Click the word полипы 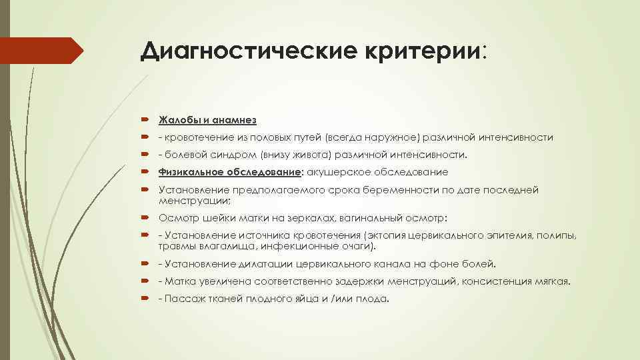(556, 235)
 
